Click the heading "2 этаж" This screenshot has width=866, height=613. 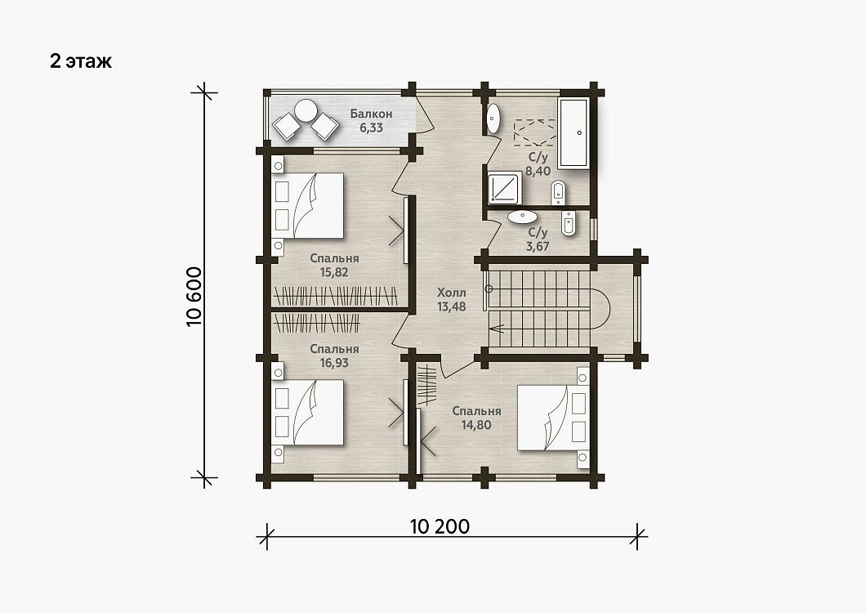click(81, 60)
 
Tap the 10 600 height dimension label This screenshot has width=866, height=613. click(194, 297)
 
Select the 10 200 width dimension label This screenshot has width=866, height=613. click(440, 526)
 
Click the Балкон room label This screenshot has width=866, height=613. click(371, 114)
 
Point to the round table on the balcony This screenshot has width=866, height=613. click(306, 110)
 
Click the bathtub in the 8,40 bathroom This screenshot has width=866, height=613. click(574, 133)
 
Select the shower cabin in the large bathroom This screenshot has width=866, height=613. click(504, 188)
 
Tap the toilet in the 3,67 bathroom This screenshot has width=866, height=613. click(569, 223)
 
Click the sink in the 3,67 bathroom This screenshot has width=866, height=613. click(523, 217)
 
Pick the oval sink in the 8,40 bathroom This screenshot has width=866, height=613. click(493, 119)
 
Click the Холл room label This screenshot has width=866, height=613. click(452, 293)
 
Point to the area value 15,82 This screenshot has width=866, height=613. click(334, 272)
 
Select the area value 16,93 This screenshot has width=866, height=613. click(334, 363)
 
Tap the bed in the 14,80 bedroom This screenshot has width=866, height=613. click(551, 418)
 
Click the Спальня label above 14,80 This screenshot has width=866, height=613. click(476, 411)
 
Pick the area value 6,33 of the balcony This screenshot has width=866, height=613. click(371, 128)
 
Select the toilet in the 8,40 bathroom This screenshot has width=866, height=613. click(558, 192)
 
